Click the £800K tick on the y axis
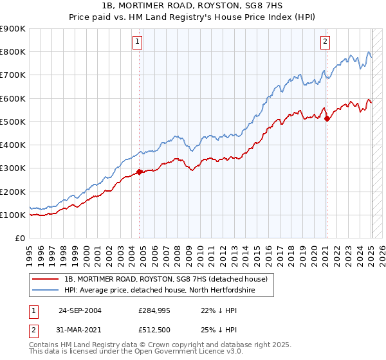(14, 51)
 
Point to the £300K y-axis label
(14, 168)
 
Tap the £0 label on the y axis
(19, 238)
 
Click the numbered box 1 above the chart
(138, 42)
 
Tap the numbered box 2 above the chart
(325, 42)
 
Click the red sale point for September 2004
(140, 172)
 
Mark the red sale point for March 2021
(327, 118)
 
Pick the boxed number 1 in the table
(33, 310)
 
